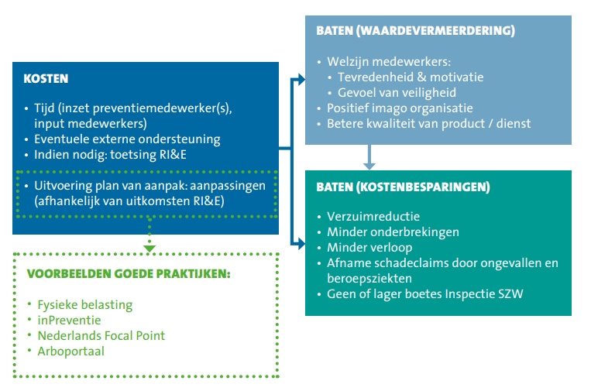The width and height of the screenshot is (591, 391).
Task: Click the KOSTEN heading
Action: pyautogui.click(x=46, y=79)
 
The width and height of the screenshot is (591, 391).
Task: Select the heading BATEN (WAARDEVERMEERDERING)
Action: pyautogui.click(x=415, y=30)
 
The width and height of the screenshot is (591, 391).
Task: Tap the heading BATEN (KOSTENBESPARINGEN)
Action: pyautogui.click(x=403, y=187)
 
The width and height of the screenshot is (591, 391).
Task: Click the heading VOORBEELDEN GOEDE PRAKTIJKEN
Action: pyautogui.click(x=129, y=274)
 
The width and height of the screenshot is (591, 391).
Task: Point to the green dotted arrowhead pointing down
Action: pyautogui.click(x=149, y=249)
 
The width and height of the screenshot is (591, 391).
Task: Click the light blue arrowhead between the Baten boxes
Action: pyautogui.click(x=369, y=166)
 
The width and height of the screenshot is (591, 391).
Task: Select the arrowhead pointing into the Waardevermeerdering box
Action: pyautogui.click(x=301, y=80)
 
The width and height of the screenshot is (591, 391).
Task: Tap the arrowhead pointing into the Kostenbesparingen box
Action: pyautogui.click(x=301, y=244)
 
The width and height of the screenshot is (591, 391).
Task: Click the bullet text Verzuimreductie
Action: pyautogui.click(x=373, y=217)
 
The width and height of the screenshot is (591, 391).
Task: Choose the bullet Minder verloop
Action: pyautogui.click(x=369, y=248)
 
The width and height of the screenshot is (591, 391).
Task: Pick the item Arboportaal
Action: pyautogui.click(x=70, y=352)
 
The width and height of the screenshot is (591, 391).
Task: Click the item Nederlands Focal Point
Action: pyautogui.click(x=101, y=335)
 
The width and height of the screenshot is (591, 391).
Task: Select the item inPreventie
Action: pyautogui.click(x=69, y=321)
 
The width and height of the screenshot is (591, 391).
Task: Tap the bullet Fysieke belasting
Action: pyautogui.click(x=84, y=305)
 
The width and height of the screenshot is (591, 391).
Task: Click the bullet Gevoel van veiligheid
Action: pyautogui.click(x=397, y=93)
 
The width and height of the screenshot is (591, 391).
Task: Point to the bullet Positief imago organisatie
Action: pyautogui.click(x=400, y=108)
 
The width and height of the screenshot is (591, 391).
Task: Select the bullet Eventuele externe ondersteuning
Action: pyautogui.click(x=127, y=139)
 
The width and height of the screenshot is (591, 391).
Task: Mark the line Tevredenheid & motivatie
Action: pyautogui.click(x=411, y=77)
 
